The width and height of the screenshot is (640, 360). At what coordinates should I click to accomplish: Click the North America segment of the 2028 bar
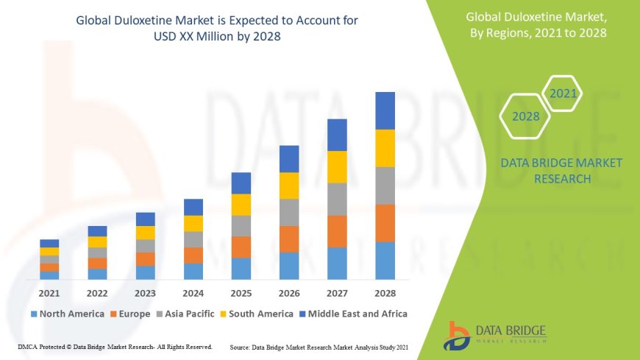point(385,261)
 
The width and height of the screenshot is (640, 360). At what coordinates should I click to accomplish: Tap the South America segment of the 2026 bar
point(289,186)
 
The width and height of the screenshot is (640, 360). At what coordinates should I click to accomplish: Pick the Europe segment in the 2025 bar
point(241,247)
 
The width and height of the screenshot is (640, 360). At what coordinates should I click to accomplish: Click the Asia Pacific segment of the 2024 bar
point(193,239)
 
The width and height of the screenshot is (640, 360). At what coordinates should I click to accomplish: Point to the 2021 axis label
point(49,292)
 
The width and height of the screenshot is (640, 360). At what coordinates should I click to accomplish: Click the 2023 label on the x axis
point(145,292)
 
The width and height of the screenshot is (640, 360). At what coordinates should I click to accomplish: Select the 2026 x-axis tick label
point(289,292)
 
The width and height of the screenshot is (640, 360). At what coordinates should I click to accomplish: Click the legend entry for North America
point(67,314)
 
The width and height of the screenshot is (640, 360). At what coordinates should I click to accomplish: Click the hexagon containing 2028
point(525,116)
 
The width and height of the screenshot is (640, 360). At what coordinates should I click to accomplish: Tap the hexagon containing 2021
point(563,93)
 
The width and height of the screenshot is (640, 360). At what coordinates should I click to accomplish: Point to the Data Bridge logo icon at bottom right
point(458,336)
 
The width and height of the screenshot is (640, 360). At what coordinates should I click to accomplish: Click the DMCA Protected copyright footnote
point(115,346)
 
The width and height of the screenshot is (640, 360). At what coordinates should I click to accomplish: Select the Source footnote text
point(319,346)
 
